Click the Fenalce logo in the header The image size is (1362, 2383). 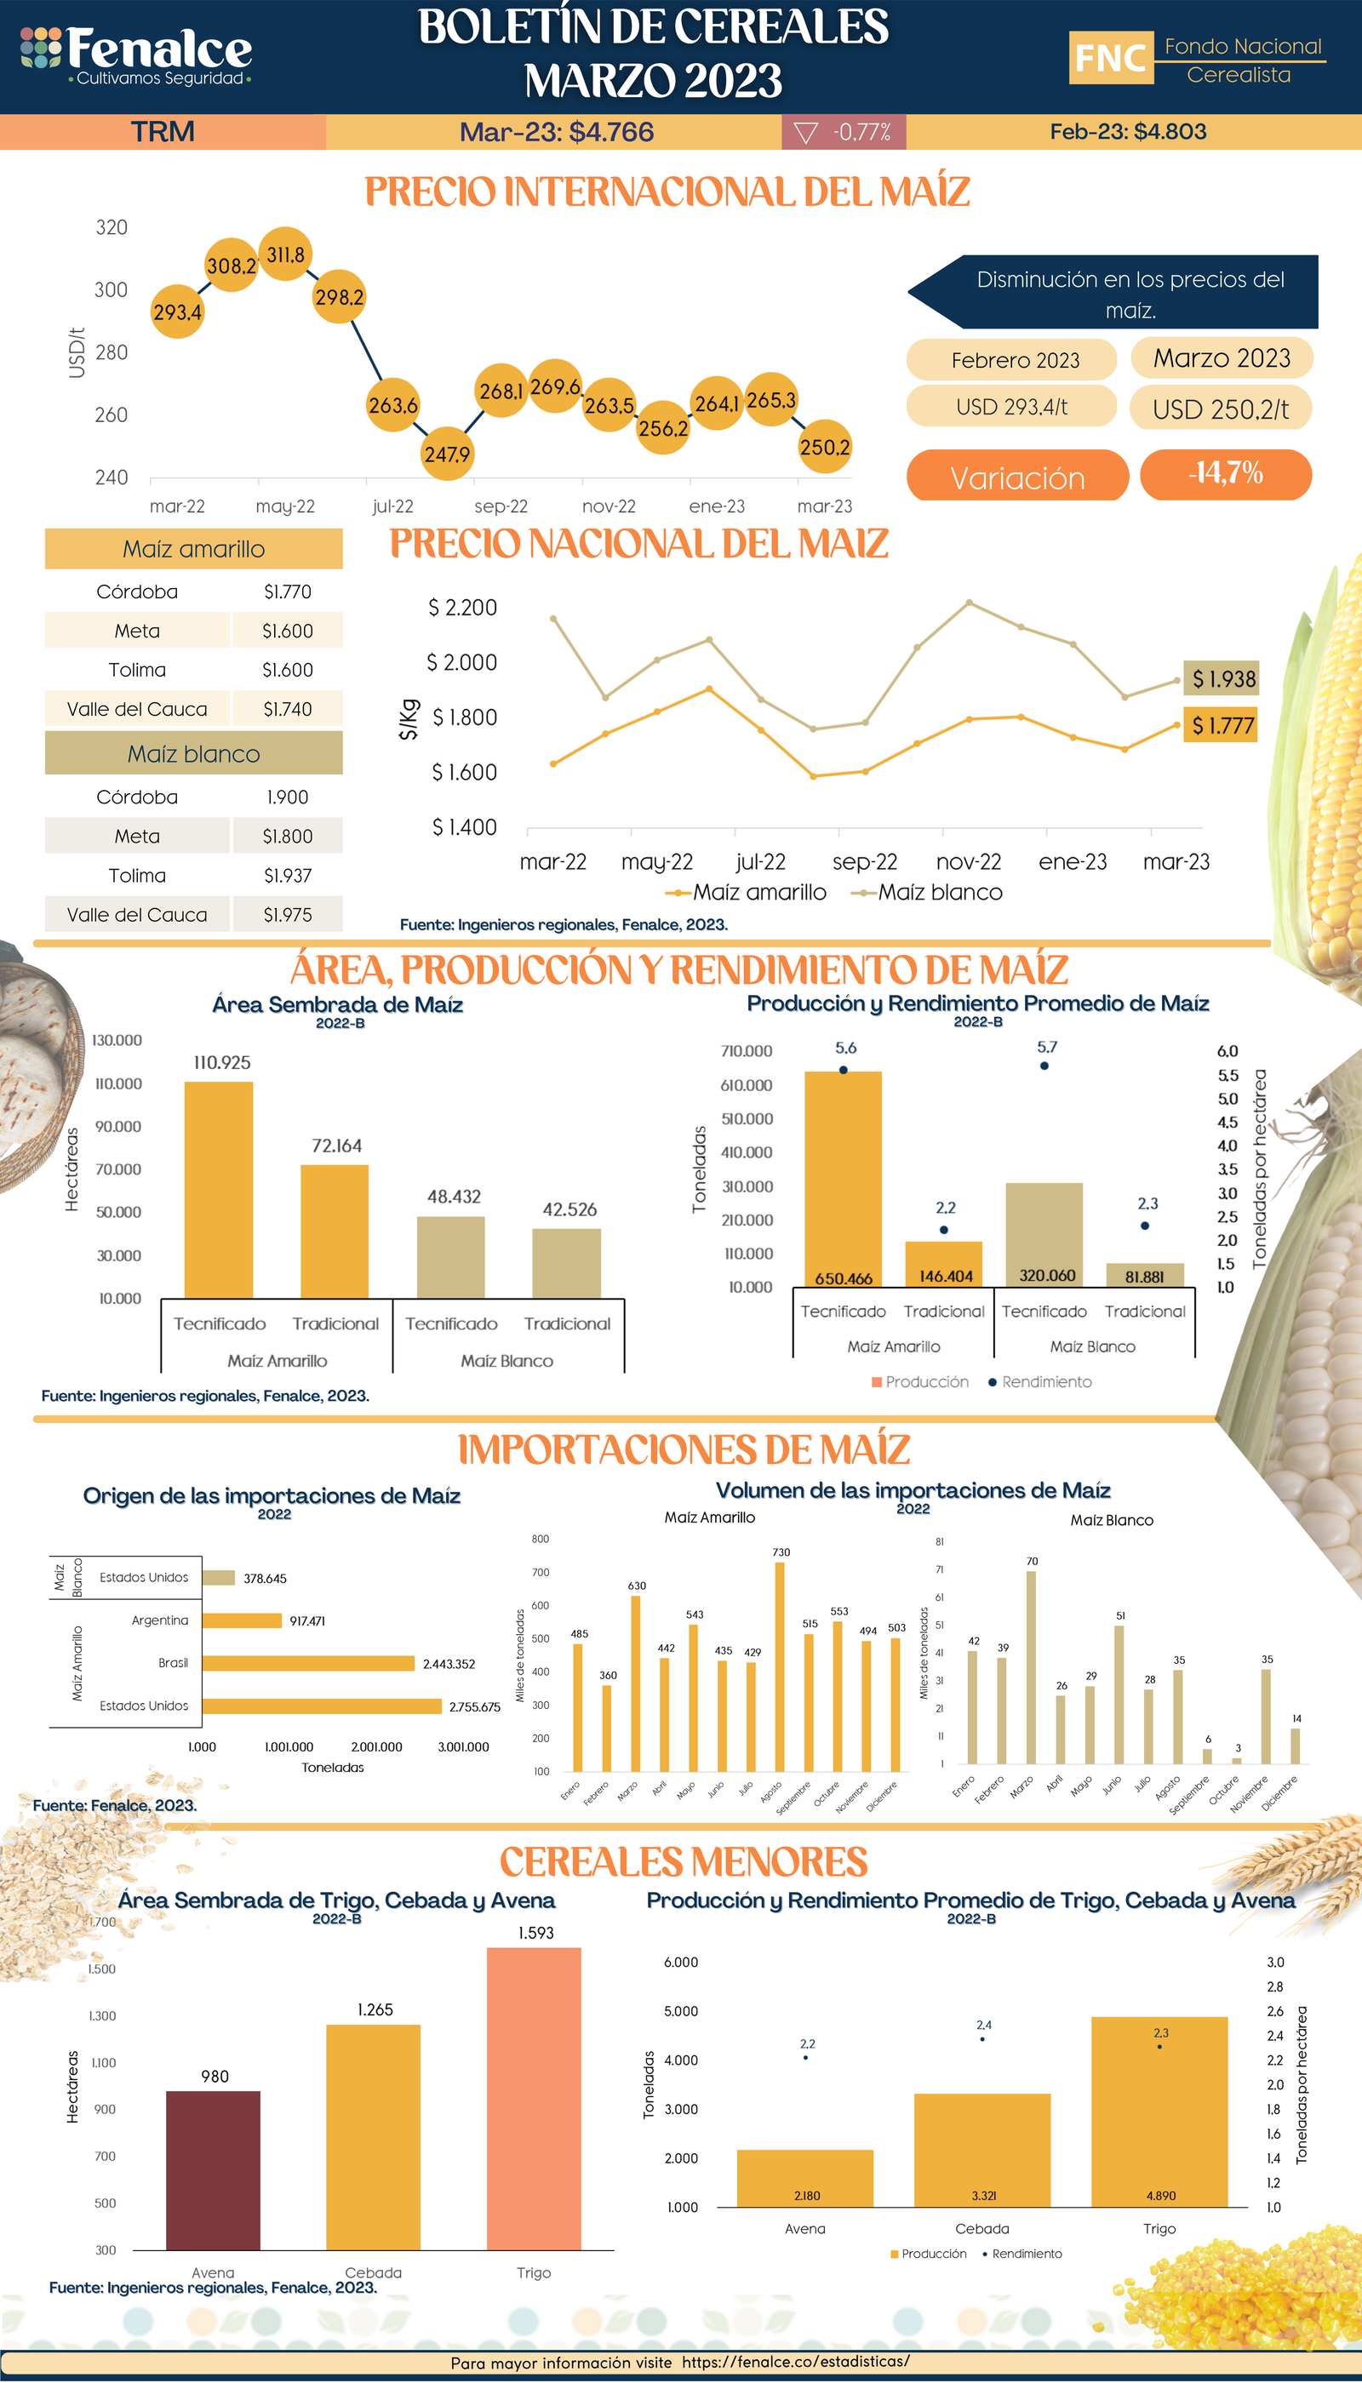point(136,54)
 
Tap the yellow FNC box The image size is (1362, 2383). point(1110,58)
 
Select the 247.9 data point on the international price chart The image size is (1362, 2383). point(447,454)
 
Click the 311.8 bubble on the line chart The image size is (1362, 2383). point(285,254)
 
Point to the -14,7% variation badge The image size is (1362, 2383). point(1226,474)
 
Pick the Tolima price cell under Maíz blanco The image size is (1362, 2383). point(287,876)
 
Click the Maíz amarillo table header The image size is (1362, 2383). point(193,549)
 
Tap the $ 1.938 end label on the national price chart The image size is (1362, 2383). point(1222,678)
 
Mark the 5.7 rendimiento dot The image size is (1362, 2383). point(1044,1066)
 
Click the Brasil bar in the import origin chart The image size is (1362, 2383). point(308,1663)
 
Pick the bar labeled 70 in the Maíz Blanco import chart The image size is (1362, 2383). point(1031,1667)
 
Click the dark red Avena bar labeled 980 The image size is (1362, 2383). point(214,2169)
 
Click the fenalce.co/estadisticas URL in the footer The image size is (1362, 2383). point(795,2361)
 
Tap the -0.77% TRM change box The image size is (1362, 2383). point(844,132)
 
